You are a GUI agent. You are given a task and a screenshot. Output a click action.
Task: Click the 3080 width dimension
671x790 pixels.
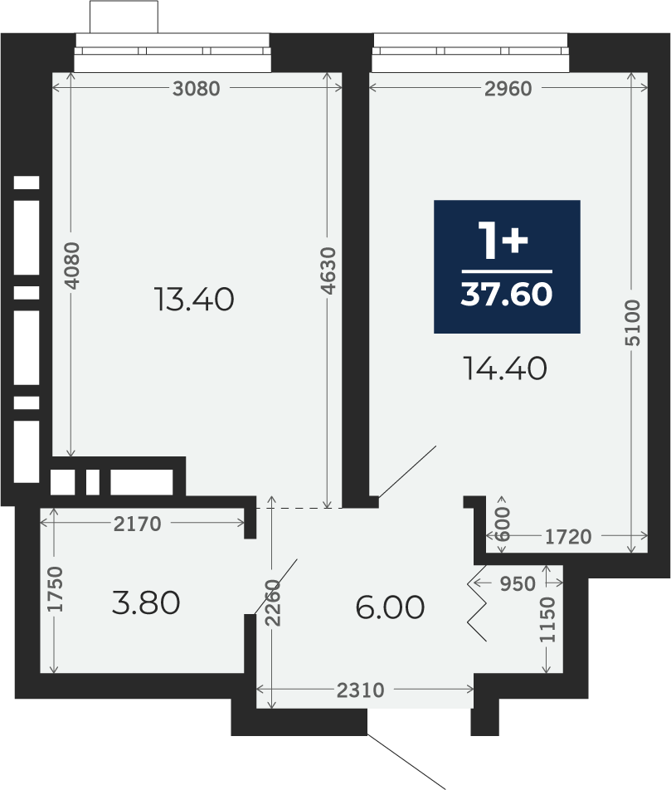[x=197, y=89]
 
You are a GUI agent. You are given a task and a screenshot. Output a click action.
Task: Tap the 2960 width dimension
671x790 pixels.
[x=508, y=89]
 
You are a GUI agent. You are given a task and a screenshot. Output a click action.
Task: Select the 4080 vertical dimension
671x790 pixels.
[x=72, y=266]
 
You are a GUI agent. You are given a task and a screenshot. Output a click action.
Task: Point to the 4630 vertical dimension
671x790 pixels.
[x=328, y=271]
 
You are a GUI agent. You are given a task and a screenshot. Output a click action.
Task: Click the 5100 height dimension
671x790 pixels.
[x=633, y=323]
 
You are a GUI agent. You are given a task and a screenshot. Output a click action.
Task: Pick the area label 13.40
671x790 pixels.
[x=194, y=300]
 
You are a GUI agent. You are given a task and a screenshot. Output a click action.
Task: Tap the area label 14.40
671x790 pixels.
[x=505, y=368]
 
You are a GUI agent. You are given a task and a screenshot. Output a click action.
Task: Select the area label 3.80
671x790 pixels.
[x=146, y=602]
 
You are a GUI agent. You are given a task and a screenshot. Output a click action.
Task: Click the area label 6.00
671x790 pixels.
[x=390, y=607]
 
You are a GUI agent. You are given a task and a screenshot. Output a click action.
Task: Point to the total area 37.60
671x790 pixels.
[x=506, y=294]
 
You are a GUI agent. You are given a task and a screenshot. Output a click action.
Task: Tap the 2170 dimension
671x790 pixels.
[x=137, y=524]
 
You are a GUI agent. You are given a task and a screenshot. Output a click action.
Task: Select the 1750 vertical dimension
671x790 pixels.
[x=56, y=589]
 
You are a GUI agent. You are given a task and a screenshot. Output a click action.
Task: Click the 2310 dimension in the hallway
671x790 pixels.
[x=361, y=690]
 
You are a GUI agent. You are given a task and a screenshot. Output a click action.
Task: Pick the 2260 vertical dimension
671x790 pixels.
[x=273, y=603]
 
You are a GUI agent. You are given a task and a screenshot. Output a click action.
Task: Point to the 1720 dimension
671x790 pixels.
[x=568, y=537]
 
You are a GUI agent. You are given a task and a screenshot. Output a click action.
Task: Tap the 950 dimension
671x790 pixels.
[x=518, y=583]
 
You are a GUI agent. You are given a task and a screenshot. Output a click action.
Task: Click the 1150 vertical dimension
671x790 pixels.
[x=547, y=620]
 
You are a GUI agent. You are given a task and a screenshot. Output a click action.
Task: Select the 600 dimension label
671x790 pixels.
[x=503, y=524]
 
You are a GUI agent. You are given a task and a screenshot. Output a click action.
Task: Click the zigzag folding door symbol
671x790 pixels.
[x=477, y=603]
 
